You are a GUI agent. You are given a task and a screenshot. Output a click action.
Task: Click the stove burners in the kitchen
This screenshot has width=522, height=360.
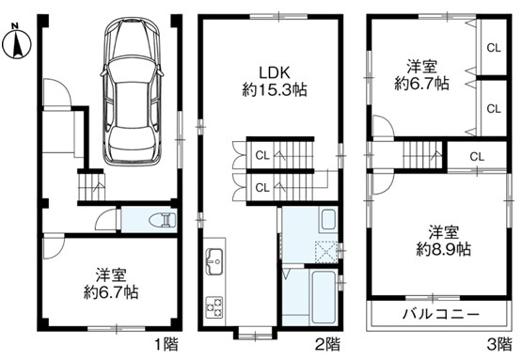click(214, 305)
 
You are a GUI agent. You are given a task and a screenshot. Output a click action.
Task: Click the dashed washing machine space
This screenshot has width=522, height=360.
click(324, 251)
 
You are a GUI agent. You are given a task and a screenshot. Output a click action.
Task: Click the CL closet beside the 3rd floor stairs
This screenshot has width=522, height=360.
click(477, 157)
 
